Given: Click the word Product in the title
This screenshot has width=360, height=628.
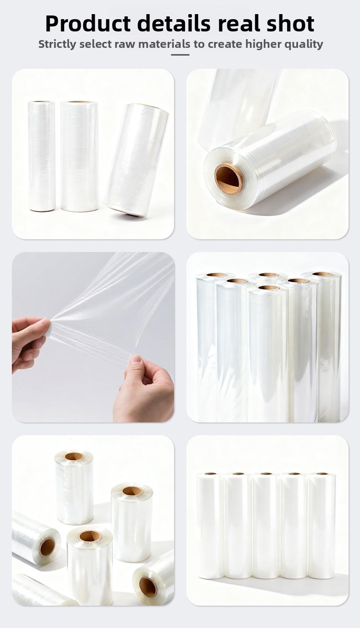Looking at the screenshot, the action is point(88,24).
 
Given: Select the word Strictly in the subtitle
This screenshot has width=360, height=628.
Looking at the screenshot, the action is point(57,44).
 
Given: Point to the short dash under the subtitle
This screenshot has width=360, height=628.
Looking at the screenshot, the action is point(180,55).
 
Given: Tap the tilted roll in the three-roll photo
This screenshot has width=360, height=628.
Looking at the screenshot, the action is point(136,160).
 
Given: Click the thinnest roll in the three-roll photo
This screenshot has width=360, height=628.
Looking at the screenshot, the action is point(41,156).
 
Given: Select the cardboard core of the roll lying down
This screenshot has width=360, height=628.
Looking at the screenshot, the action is point(229,180).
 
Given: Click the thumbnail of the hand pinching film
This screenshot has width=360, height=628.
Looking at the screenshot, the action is point(93,337).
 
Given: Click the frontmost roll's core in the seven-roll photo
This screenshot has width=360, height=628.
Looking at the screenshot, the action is point(268,288).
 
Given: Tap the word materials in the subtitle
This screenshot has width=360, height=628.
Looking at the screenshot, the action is point(165,44).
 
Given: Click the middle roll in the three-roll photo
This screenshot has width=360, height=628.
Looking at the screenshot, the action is point(79,156).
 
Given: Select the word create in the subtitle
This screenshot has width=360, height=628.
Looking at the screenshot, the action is point(225,44).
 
